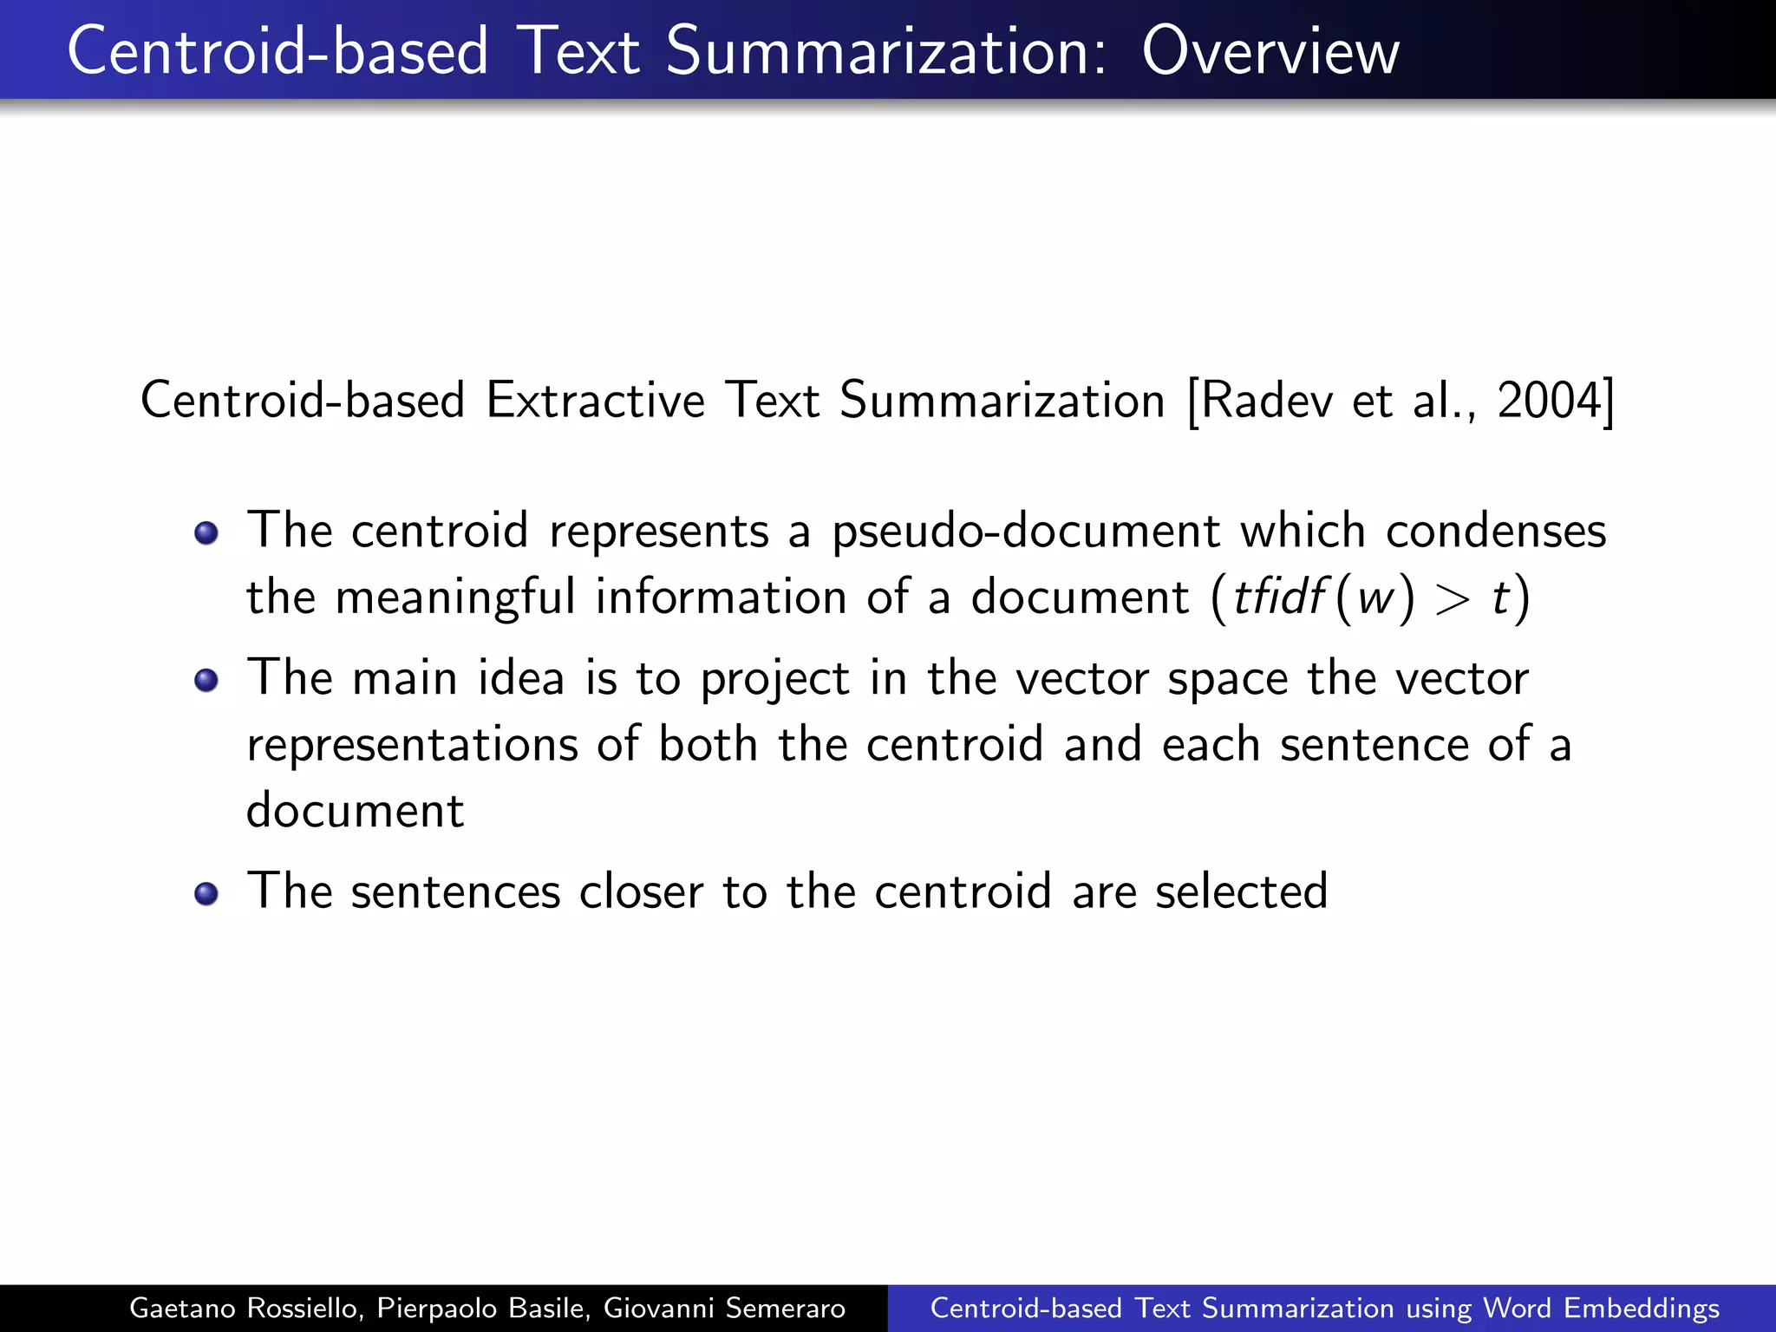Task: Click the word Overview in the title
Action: (1270, 52)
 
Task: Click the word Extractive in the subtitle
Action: (595, 402)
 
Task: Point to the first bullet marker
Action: (206, 532)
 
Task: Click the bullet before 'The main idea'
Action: (206, 680)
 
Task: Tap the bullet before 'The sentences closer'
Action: (206, 893)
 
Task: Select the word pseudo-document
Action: (1025, 532)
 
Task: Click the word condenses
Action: (1495, 531)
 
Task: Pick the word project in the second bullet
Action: (774, 680)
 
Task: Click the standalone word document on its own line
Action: (355, 811)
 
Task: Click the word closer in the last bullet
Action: (641, 891)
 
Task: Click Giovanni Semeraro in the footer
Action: (724, 1308)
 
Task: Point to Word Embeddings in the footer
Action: (1601, 1308)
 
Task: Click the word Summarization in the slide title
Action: (885, 52)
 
